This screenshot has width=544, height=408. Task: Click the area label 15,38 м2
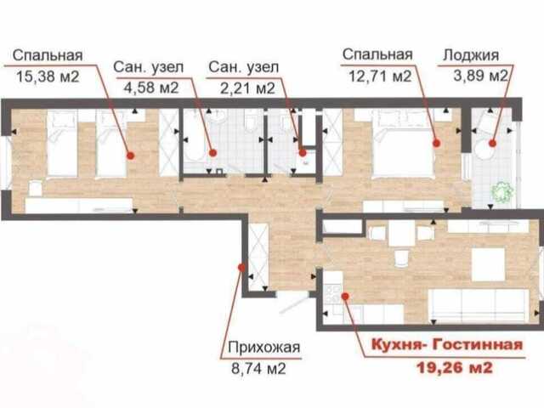pos(48,76)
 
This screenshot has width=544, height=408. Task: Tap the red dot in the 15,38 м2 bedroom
pos(130,156)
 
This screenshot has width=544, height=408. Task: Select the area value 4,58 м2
pos(151,88)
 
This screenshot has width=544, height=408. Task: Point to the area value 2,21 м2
pos(247,88)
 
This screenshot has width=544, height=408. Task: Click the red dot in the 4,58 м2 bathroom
pos(213,153)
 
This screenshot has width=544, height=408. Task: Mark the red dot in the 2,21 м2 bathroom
pos(303,153)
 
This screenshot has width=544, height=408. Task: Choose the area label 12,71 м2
pos(380,76)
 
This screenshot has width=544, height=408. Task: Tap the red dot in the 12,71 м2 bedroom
pos(437,143)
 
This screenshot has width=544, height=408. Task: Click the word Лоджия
pos(471,55)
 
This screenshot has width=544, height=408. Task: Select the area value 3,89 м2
pos(480,76)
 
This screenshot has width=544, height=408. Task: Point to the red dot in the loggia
pos(492,143)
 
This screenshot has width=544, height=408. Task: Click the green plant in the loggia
pos(501,192)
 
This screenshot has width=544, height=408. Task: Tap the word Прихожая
pos(264,347)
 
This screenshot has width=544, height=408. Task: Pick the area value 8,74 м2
pos(258,368)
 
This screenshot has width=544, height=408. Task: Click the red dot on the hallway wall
pos(241,268)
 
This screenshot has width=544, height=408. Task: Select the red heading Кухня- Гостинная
pos(447,345)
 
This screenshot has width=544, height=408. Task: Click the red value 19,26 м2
pos(455,368)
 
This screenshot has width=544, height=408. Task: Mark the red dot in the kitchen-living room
pos(345,296)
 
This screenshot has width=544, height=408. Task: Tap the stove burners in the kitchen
pos(332,294)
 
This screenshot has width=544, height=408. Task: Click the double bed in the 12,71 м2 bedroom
pos(403,144)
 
